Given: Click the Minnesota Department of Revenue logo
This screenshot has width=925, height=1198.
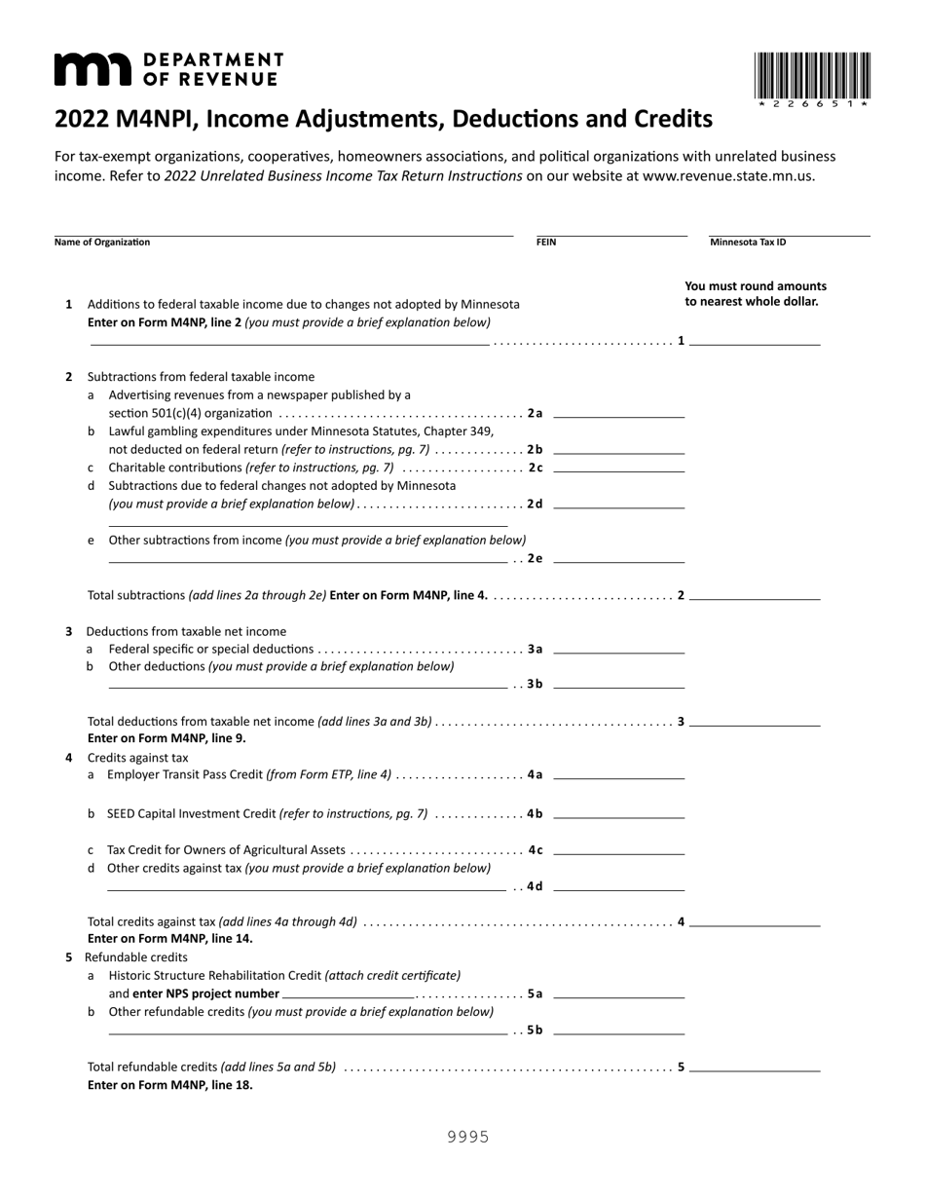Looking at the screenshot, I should pyautogui.click(x=168, y=70).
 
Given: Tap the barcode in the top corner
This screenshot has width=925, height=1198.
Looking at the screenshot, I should pyautogui.click(x=812, y=77).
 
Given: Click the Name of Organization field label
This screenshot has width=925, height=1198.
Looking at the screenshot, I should pyautogui.click(x=102, y=243).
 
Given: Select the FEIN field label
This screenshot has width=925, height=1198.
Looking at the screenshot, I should pyautogui.click(x=546, y=243).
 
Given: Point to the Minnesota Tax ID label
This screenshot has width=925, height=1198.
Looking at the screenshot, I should pyautogui.click(x=747, y=243).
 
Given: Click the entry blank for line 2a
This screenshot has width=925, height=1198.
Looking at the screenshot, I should pyautogui.click(x=618, y=414).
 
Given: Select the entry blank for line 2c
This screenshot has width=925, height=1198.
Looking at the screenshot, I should pyautogui.click(x=618, y=468).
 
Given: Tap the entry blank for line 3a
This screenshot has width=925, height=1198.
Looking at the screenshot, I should pyautogui.click(x=618, y=650).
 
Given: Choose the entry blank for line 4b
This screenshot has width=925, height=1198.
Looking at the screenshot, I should pyautogui.click(x=618, y=814).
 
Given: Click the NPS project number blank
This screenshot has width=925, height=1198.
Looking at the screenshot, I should pyautogui.click(x=348, y=993).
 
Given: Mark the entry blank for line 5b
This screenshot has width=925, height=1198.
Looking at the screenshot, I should pyautogui.click(x=618, y=1030).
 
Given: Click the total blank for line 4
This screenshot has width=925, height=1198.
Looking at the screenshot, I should pyautogui.click(x=755, y=921).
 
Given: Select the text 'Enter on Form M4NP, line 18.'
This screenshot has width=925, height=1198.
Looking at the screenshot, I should pyautogui.click(x=170, y=1084).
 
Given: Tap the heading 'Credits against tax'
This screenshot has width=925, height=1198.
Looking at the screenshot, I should pyautogui.click(x=138, y=757).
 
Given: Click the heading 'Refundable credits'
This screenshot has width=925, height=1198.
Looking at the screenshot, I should pyautogui.click(x=136, y=957).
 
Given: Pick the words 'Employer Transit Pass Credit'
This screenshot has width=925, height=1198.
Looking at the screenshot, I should pyautogui.click(x=185, y=775).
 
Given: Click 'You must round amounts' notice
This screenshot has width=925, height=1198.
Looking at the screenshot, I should pyautogui.click(x=756, y=286).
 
